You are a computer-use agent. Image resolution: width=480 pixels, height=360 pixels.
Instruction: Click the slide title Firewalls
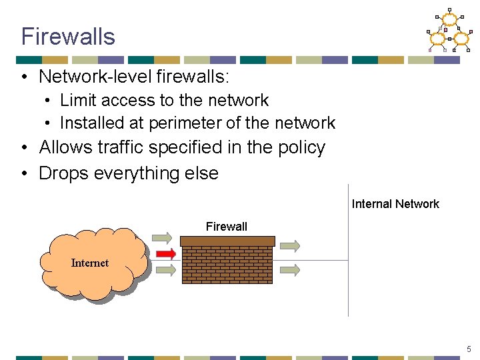[x=68, y=36]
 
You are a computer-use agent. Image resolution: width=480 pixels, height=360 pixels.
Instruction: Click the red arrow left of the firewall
[x=165, y=253]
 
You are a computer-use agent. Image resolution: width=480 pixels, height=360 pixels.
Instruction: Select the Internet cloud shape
[x=93, y=263]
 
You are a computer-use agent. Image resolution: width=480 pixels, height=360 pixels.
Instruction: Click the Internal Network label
[x=395, y=204]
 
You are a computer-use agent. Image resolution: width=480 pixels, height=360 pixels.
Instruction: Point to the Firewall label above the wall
[x=226, y=227]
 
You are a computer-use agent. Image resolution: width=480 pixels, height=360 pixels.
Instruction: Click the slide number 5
[x=469, y=349]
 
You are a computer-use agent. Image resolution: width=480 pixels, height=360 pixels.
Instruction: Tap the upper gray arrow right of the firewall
[x=289, y=247]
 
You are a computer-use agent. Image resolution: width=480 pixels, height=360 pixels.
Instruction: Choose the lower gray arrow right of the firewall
[x=289, y=270]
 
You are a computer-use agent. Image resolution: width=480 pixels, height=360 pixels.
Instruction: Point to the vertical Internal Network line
[x=348, y=267]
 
